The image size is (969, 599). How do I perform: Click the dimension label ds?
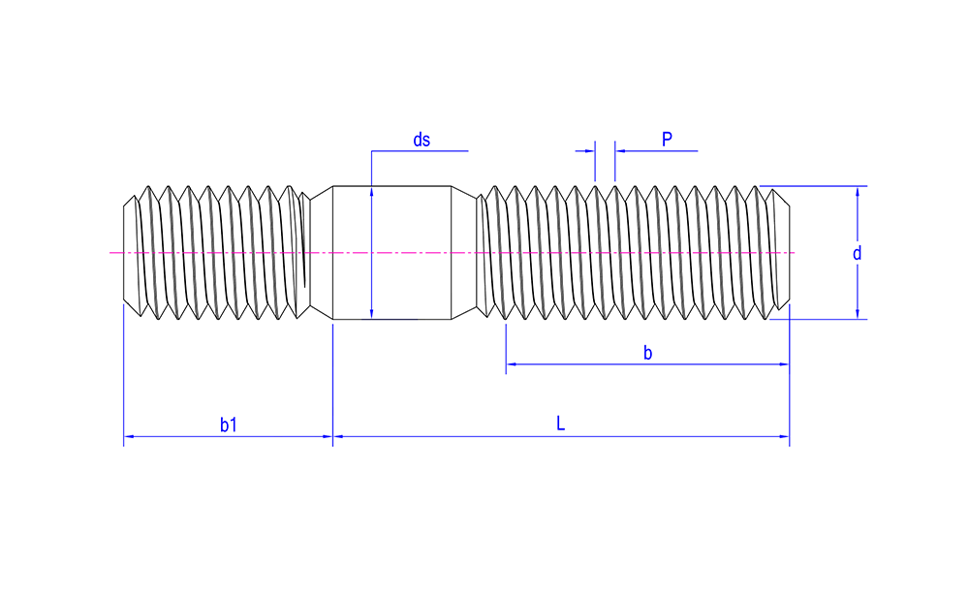[422, 140]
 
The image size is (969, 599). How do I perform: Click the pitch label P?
[667, 139]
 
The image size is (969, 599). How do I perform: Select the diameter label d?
[858, 253]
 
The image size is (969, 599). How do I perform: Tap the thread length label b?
[647, 353]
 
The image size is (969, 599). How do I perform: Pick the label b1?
[229, 425]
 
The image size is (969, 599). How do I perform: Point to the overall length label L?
[560, 424]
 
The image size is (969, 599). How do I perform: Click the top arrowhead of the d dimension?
[858, 191]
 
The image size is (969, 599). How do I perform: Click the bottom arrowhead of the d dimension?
[858, 315]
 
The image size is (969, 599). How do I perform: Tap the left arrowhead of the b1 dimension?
[129, 436]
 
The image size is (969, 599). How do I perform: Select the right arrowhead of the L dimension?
[784, 436]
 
